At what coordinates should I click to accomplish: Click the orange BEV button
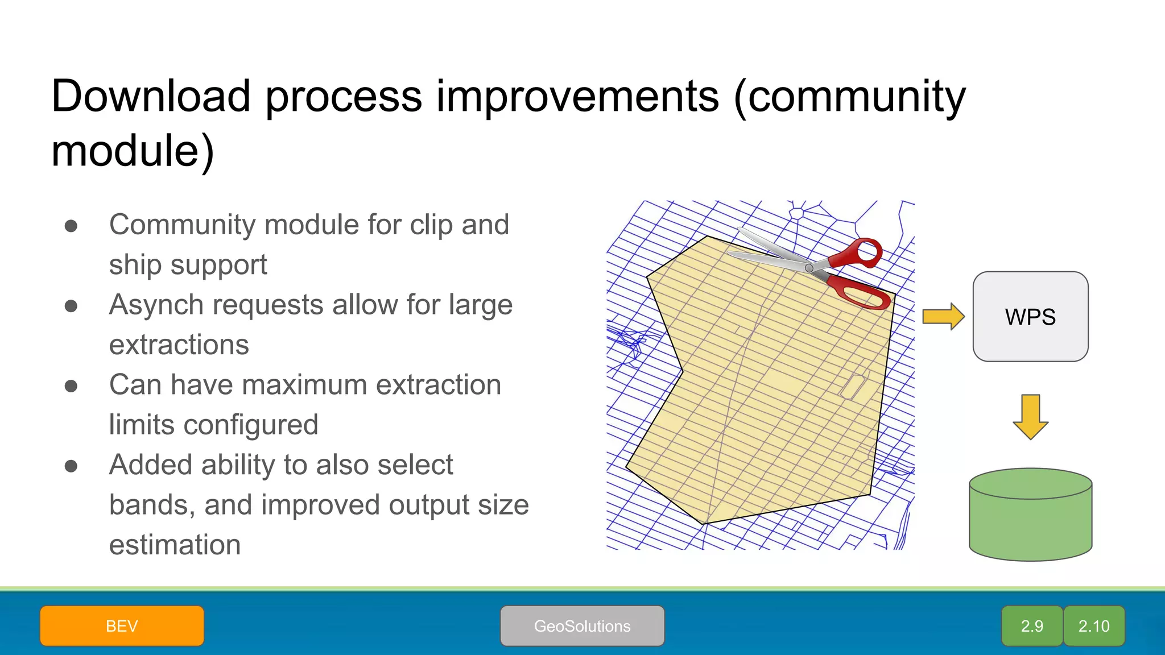coord(122,626)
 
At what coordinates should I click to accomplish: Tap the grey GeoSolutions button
coord(582,626)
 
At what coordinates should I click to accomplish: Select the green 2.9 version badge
coord(1032,626)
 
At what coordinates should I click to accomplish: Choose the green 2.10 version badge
coord(1094,626)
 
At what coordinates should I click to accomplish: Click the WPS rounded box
coord(1030,317)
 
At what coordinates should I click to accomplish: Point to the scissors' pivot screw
coord(809,268)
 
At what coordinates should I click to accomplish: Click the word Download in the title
coord(151,96)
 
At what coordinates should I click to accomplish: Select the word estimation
coord(175,545)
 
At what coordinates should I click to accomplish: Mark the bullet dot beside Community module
coord(71,226)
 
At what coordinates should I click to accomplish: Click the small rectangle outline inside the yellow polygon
coord(853,387)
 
